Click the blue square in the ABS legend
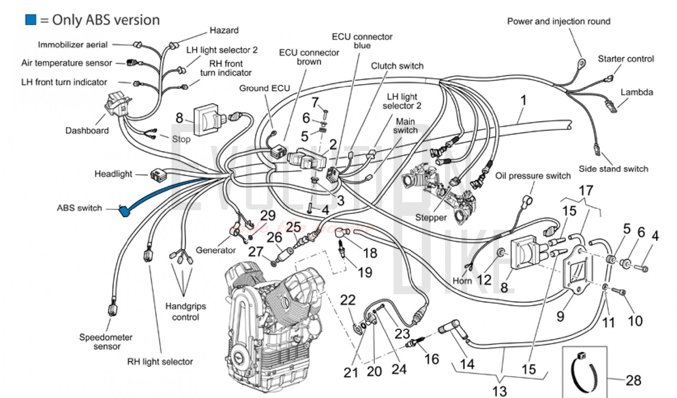31,20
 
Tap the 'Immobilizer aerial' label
72,45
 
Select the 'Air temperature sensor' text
67,63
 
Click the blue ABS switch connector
124,211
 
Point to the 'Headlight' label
113,174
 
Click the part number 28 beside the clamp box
633,381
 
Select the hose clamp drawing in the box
584,372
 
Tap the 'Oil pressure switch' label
533,176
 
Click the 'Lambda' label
637,92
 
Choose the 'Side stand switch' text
613,169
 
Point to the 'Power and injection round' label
559,21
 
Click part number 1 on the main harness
523,100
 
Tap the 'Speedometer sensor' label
106,342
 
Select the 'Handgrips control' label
186,312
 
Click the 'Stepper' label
431,217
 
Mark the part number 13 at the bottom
499,391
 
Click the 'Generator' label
215,250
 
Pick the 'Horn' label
462,281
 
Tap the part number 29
268,215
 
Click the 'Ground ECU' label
264,88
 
